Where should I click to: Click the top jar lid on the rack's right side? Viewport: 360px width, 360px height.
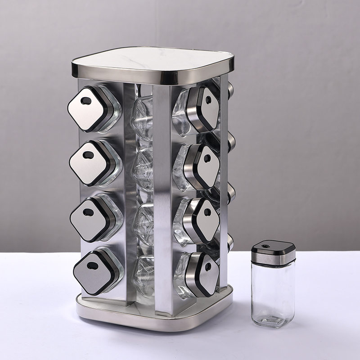206,108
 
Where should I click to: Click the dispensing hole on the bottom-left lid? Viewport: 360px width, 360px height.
93,265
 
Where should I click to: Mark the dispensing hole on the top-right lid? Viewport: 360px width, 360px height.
209,100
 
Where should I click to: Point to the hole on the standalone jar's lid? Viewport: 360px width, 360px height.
265,246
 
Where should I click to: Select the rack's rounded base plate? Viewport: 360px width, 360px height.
153,317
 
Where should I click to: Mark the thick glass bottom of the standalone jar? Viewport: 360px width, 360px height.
272,320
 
